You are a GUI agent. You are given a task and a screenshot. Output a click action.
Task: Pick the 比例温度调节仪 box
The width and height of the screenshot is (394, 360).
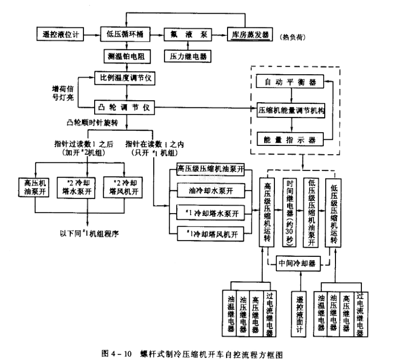125,78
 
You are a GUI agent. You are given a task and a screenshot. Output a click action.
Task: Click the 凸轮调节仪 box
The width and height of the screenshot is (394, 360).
125,108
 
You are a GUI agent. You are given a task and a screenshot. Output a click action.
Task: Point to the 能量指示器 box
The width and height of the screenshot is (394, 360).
291,138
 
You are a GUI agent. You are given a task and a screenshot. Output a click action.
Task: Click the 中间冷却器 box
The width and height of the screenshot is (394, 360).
297,264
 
